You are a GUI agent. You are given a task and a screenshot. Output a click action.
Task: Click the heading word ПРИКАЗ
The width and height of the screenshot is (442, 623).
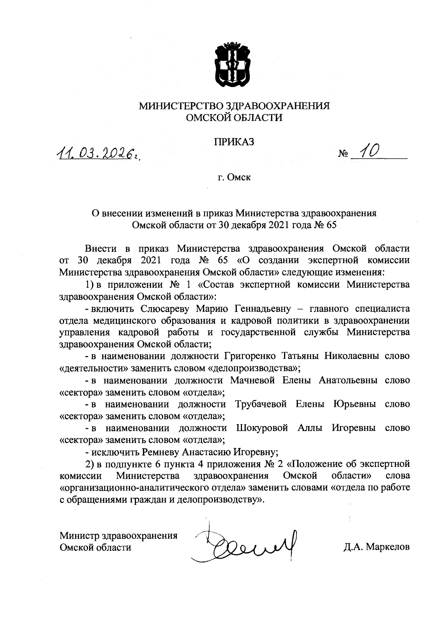[234, 142]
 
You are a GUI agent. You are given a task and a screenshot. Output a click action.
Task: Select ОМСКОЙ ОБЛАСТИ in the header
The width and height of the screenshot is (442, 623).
[234, 118]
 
